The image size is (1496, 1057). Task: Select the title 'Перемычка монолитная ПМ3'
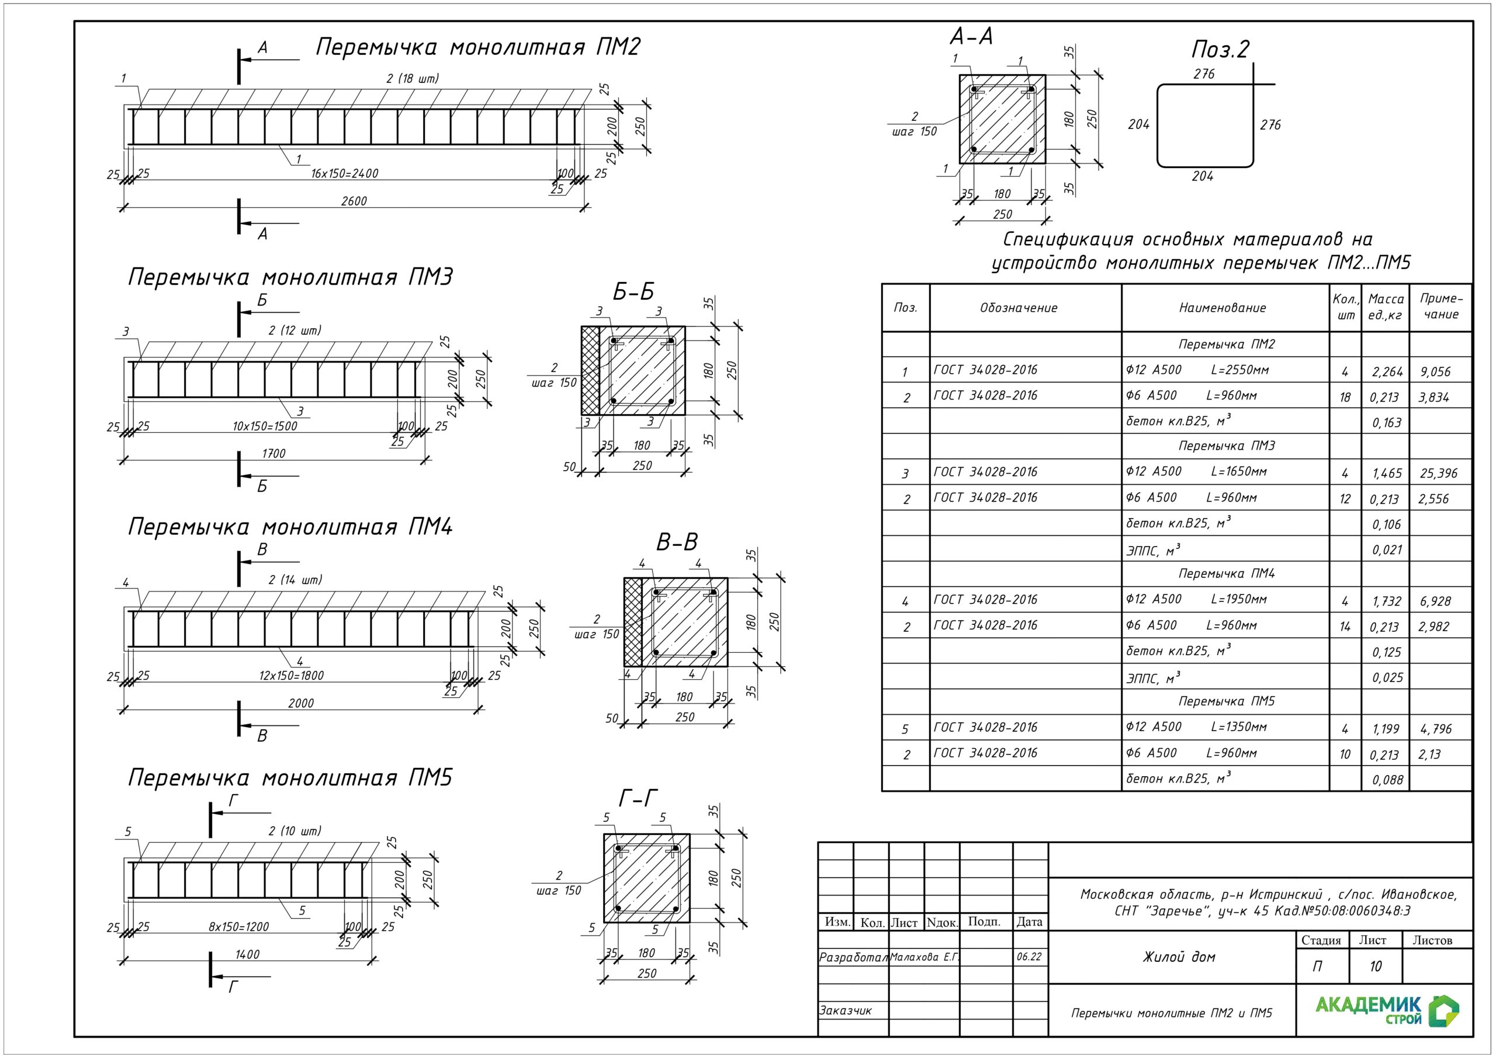[290, 277]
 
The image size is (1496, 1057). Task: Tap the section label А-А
[971, 36]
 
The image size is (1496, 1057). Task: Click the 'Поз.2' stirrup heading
[1220, 50]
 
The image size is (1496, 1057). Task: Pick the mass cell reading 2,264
[1387, 372]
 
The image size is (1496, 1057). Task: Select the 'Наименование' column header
[1223, 308]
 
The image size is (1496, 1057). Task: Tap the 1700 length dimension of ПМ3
[273, 453]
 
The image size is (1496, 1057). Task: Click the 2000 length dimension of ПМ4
[300, 703]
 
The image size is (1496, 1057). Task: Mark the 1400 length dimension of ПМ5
[247, 954]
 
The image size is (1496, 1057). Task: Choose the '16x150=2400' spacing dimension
[344, 173]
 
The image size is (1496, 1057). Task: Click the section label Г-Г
[637, 798]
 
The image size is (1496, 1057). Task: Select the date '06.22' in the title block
[1029, 957]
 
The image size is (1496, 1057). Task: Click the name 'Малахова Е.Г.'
[924, 957]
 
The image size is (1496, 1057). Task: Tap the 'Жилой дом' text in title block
[1179, 957]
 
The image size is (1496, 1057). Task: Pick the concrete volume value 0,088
[1387, 780]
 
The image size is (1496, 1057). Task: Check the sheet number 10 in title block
[1375, 966]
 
